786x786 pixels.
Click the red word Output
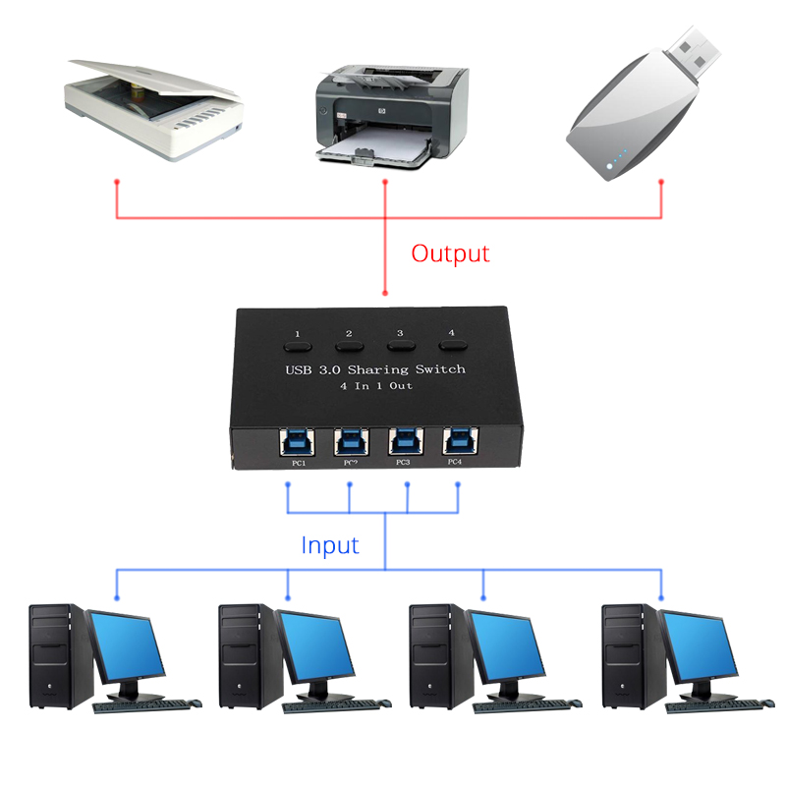click(450, 253)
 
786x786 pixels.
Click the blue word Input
click(330, 545)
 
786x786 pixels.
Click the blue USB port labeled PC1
click(295, 440)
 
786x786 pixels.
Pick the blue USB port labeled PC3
click(403, 440)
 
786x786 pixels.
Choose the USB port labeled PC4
click(456, 440)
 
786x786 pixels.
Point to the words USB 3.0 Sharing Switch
click(374, 370)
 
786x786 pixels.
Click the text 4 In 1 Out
click(374, 386)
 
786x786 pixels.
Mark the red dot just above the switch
click(384, 292)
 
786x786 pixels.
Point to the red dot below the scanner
click(117, 182)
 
